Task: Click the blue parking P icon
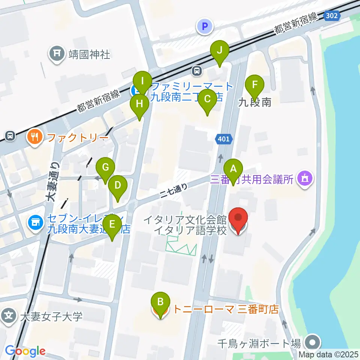point(205,26)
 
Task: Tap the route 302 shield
point(331,16)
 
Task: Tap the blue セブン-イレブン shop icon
point(35,223)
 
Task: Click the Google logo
point(25,351)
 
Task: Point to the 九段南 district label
point(255,102)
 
